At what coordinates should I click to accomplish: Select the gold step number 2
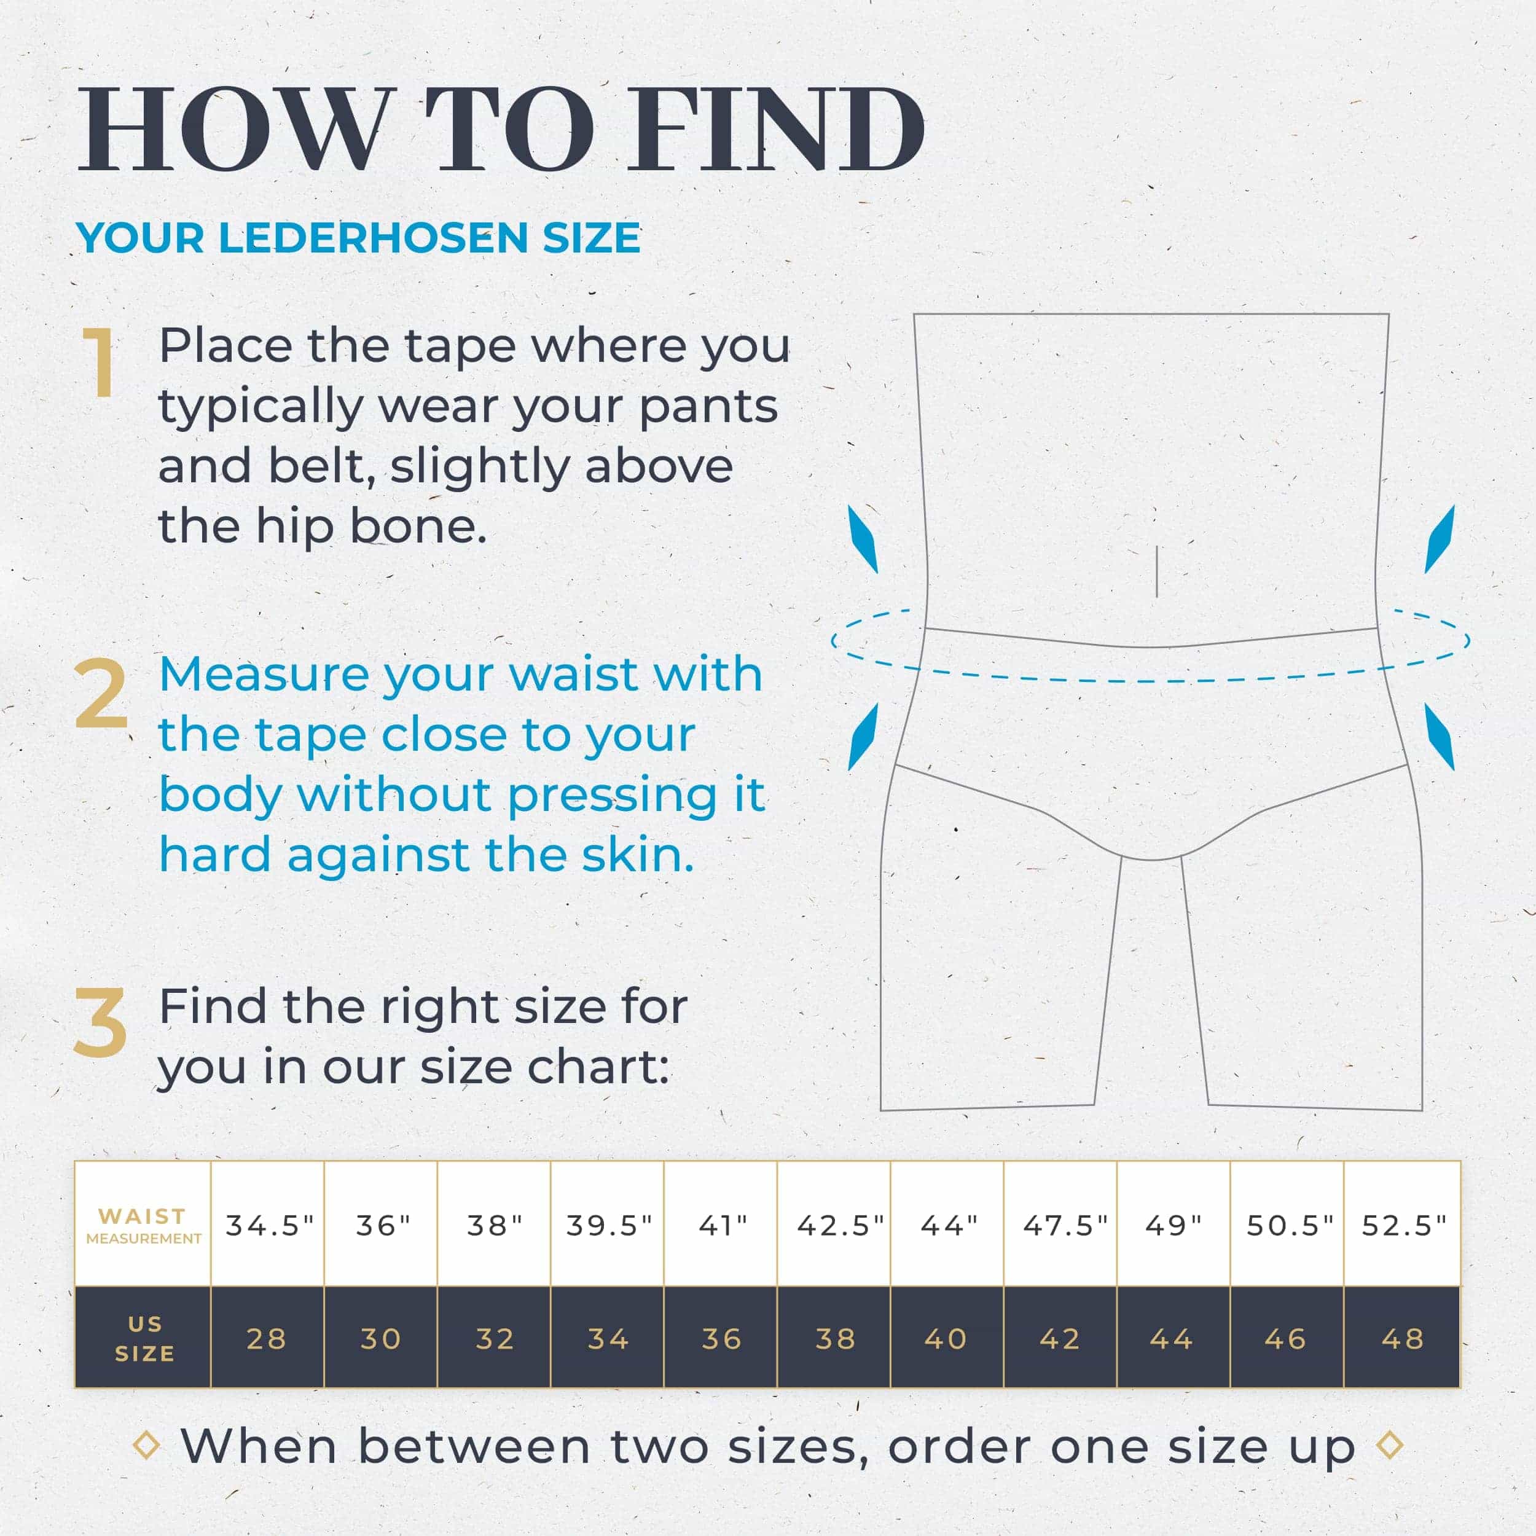click(101, 694)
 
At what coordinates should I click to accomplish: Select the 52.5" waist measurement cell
click(1404, 1225)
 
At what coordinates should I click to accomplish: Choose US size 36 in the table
click(722, 1339)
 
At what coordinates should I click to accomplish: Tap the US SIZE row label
click(144, 1339)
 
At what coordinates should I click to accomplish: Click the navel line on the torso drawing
click(1156, 571)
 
